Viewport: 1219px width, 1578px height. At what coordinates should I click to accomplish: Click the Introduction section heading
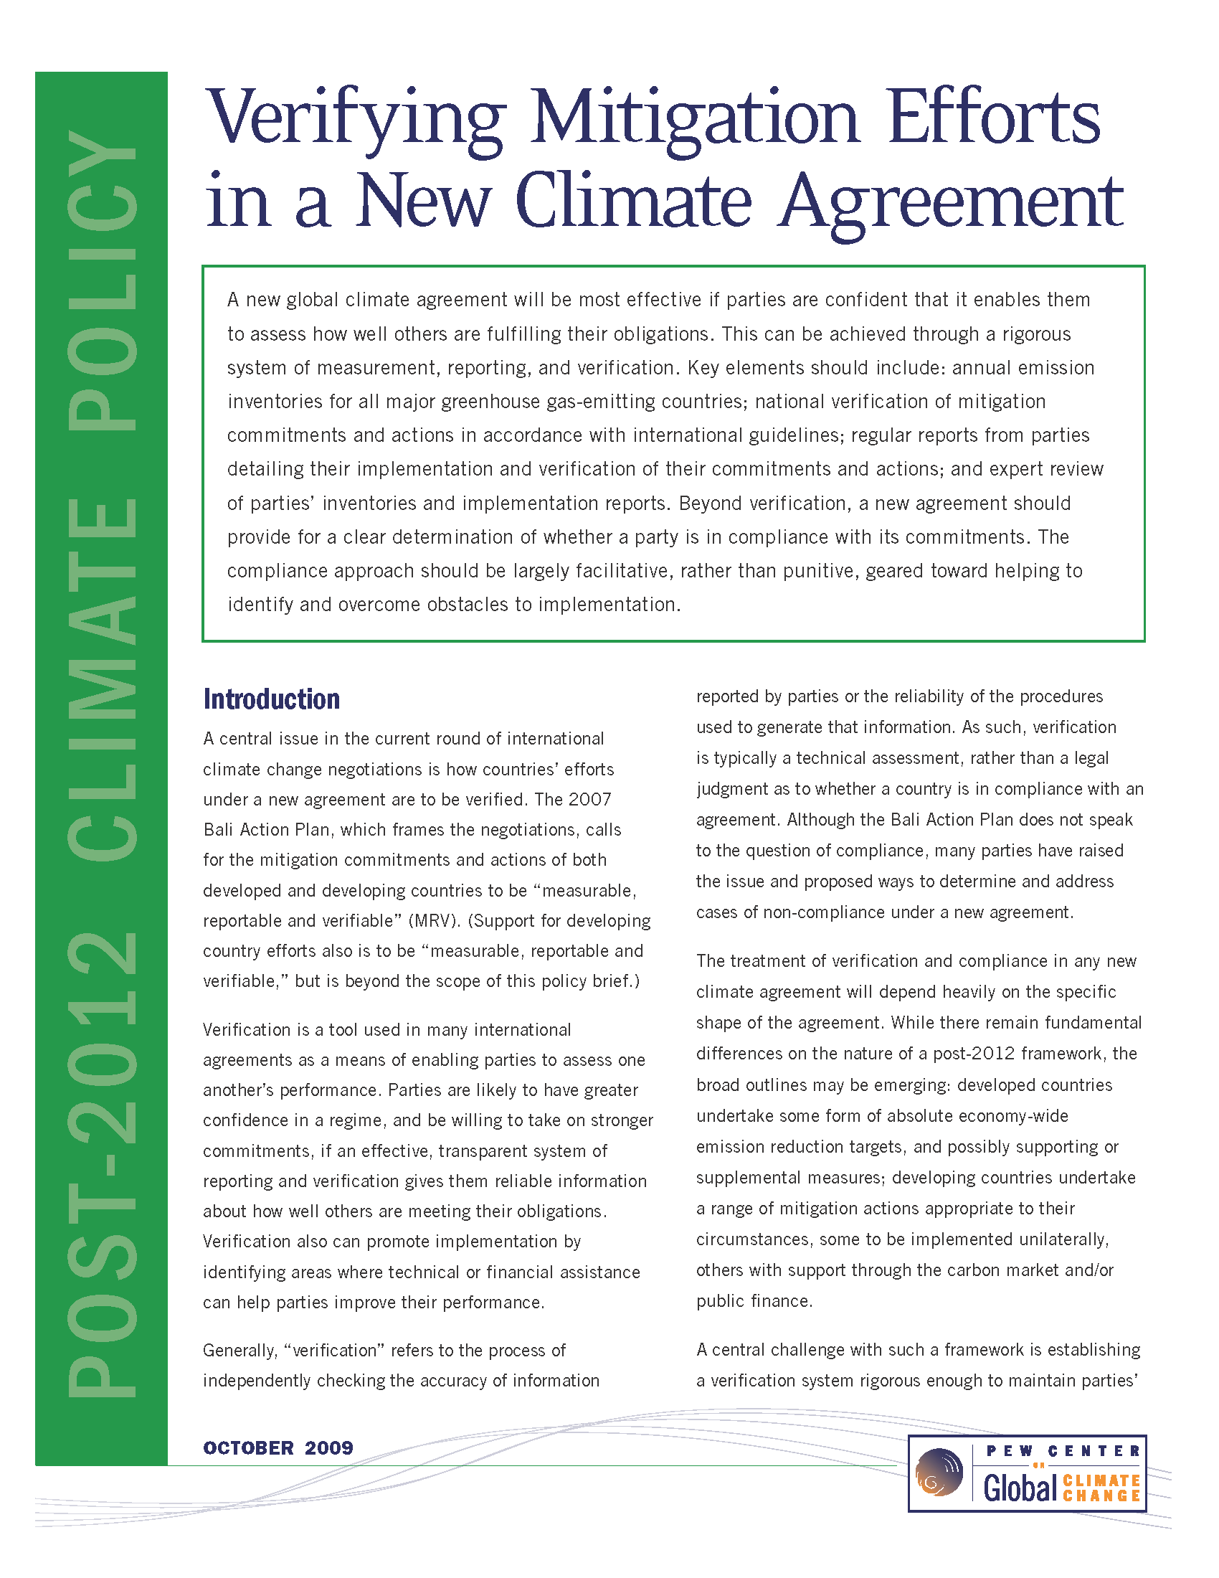point(272,699)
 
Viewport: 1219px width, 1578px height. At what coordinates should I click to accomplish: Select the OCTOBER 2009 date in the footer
point(278,1447)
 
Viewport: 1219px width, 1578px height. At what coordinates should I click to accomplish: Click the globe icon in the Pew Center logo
point(939,1472)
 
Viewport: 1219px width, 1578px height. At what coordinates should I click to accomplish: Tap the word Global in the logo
point(1020,1488)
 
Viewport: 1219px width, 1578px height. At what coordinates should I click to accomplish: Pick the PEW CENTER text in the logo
point(1063,1451)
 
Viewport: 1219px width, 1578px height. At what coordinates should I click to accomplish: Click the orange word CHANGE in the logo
point(1101,1496)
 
